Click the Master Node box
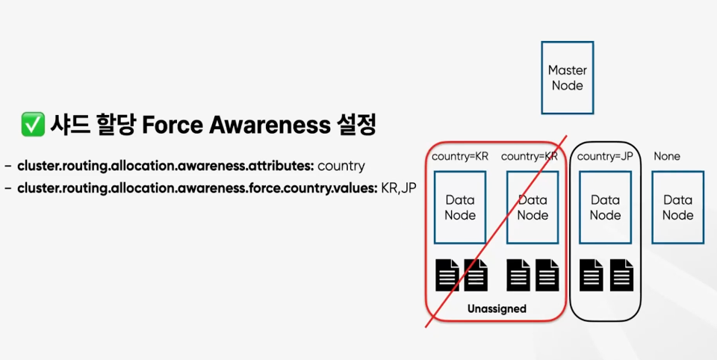coord(568,78)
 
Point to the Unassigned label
coord(497,308)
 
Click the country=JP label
coord(605,156)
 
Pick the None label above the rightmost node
coord(667,156)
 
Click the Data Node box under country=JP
coord(605,207)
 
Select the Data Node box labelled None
coord(677,207)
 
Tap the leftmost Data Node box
coord(460,207)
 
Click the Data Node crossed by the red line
coord(533,207)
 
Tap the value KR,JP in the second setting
coord(398,187)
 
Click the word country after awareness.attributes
coord(341,165)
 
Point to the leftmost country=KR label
coord(460,156)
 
